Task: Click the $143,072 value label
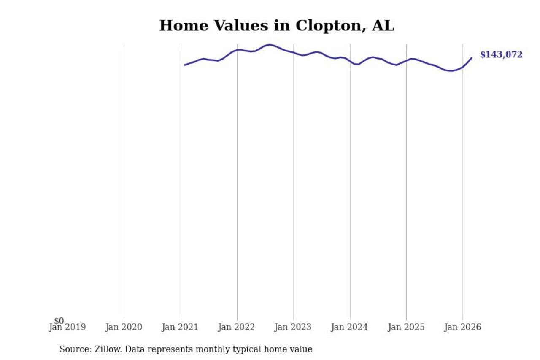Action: (501, 55)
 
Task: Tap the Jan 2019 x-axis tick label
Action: (67, 327)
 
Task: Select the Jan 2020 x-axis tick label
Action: (124, 327)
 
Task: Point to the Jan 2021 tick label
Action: (181, 327)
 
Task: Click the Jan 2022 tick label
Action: (237, 327)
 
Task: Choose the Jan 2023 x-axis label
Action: (294, 327)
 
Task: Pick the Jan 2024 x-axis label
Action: (350, 327)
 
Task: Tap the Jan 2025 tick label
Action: (406, 327)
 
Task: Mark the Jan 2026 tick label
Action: (463, 327)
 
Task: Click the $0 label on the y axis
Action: (59, 321)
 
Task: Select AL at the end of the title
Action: (383, 26)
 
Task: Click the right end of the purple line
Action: (472, 58)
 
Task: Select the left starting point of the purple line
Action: (185, 65)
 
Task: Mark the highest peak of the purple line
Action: (270, 44)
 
